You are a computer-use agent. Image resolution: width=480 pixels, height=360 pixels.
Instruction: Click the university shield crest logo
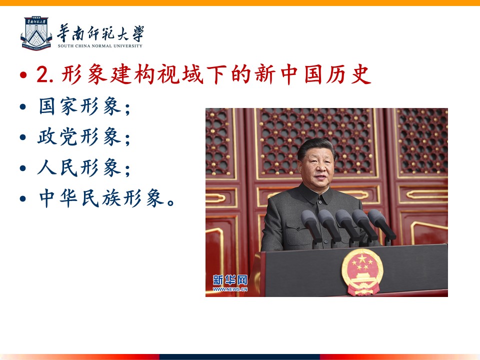pyautogui.click(x=36, y=33)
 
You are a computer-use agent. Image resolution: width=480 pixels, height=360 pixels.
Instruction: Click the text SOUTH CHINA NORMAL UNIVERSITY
pyautogui.click(x=100, y=46)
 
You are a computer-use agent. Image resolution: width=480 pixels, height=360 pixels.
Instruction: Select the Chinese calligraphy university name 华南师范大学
pyautogui.click(x=100, y=33)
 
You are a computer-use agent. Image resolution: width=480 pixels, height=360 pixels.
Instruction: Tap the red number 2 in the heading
pyautogui.click(x=42, y=74)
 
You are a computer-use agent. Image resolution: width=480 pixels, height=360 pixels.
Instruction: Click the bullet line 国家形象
pyautogui.click(x=84, y=106)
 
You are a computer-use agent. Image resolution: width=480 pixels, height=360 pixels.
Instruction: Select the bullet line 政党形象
pyautogui.click(x=84, y=136)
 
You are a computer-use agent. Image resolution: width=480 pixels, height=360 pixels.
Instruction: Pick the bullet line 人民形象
pyautogui.click(x=84, y=167)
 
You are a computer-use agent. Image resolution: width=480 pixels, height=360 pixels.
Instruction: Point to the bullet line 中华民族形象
pyautogui.click(x=107, y=198)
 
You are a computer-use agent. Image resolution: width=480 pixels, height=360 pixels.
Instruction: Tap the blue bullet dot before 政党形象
pyautogui.click(x=23, y=137)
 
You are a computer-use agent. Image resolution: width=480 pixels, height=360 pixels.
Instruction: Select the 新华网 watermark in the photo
pyautogui.click(x=230, y=280)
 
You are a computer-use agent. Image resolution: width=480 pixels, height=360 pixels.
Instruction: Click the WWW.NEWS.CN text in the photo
pyautogui.click(x=230, y=289)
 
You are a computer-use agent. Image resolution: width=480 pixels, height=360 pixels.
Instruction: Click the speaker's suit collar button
pyautogui.click(x=320, y=202)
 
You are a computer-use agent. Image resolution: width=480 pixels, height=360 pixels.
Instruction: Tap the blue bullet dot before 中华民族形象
pyautogui.click(x=23, y=198)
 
